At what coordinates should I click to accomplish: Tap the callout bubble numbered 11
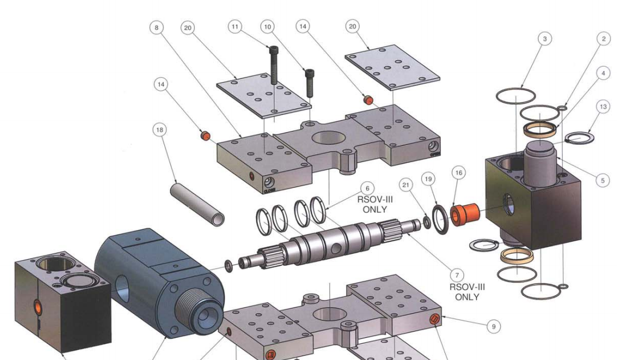click(236, 27)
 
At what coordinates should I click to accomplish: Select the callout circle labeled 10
click(268, 27)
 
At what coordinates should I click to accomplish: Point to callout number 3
click(546, 39)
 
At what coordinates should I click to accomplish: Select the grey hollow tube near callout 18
click(197, 202)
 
